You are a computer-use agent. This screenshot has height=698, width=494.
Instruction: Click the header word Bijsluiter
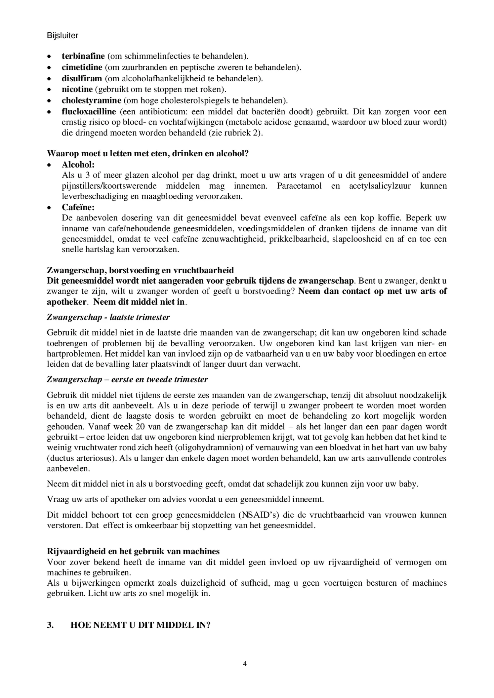pyautogui.click(x=62, y=36)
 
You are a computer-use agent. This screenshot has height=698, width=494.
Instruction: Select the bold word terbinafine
pyautogui.click(x=83, y=56)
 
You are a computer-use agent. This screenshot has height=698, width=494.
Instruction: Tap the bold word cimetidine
pyautogui.click(x=82, y=67)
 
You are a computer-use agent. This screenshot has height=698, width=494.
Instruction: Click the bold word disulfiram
pyautogui.click(x=82, y=79)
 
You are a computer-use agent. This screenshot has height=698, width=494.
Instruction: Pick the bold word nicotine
pyautogui.click(x=77, y=90)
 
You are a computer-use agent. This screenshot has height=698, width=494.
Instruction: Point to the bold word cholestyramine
pyautogui.click(x=91, y=100)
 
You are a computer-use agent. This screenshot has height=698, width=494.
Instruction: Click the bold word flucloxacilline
pyautogui.click(x=89, y=112)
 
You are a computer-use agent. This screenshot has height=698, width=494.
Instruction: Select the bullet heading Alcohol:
pyautogui.click(x=78, y=165)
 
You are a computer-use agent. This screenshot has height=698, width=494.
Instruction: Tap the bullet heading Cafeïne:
pyautogui.click(x=78, y=207)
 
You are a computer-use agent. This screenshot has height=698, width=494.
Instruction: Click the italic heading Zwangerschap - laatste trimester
pyautogui.click(x=108, y=317)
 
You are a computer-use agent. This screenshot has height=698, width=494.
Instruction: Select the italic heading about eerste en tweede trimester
pyautogui.click(x=127, y=379)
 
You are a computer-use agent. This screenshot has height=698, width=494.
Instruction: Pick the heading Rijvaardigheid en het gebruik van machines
pyautogui.click(x=133, y=551)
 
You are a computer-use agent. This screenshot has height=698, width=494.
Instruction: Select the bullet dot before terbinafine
pyautogui.click(x=49, y=57)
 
